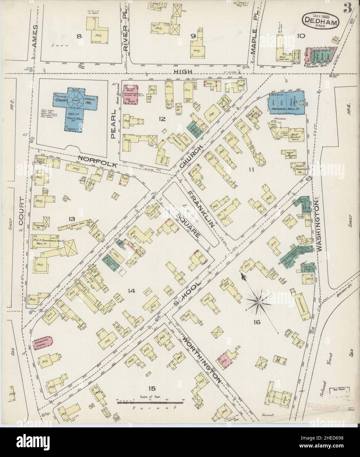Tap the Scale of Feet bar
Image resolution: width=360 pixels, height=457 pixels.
pyautogui.click(x=149, y=401)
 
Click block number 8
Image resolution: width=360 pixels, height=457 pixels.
pyautogui.click(x=79, y=36)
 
